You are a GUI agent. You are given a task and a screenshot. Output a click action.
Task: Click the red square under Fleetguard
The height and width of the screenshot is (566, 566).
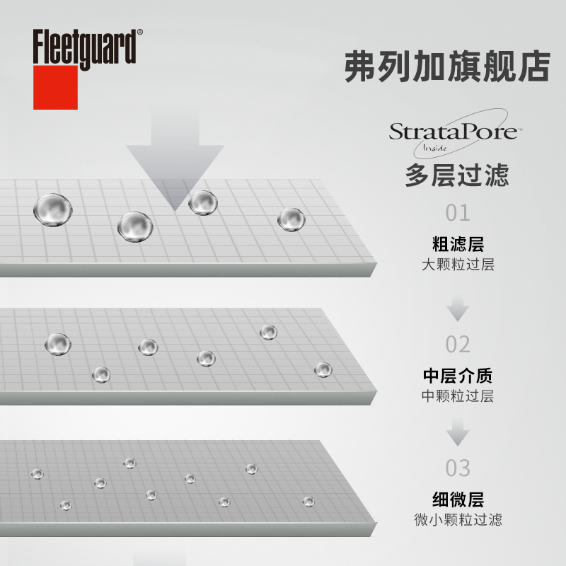(x=55, y=88)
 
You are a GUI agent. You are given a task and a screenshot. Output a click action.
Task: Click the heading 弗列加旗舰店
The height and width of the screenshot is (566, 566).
(x=447, y=67)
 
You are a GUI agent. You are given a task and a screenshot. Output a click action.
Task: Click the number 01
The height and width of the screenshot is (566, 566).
(x=458, y=213)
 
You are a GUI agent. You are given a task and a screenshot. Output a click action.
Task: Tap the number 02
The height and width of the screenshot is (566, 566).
(x=458, y=345)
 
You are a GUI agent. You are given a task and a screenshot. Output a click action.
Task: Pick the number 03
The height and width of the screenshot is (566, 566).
(x=458, y=468)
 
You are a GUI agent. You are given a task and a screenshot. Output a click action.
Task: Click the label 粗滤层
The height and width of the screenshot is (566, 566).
(x=458, y=245)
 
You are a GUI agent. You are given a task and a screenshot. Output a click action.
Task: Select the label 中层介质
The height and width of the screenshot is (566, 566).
(x=458, y=376)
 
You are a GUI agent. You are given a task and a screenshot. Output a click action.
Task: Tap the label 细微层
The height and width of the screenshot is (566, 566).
(x=458, y=499)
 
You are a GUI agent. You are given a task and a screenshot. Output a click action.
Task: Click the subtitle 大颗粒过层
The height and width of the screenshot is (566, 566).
(x=458, y=265)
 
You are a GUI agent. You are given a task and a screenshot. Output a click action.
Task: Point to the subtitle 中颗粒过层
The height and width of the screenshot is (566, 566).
(x=458, y=396)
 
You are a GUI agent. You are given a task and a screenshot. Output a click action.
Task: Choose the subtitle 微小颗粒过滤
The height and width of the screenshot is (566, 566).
(x=458, y=520)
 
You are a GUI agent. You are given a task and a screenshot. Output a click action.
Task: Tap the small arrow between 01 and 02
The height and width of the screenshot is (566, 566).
(x=458, y=308)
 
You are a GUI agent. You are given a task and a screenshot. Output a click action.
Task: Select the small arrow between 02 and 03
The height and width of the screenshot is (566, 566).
(x=458, y=432)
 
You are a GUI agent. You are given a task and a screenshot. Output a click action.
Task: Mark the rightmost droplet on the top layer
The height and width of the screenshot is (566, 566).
(x=291, y=219)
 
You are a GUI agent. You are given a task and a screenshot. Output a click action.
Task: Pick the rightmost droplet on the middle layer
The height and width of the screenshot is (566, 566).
(x=323, y=369)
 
